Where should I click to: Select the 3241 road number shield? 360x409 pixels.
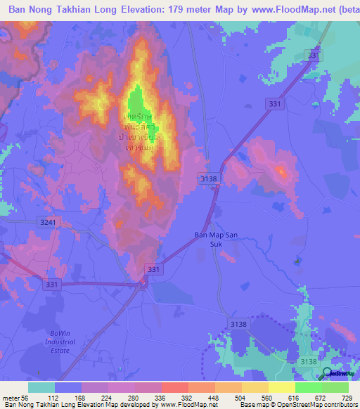click(x=46, y=221)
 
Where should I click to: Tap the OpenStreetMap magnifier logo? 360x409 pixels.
click(x=328, y=373)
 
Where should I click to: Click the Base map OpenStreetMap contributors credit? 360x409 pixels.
click(x=299, y=405)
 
